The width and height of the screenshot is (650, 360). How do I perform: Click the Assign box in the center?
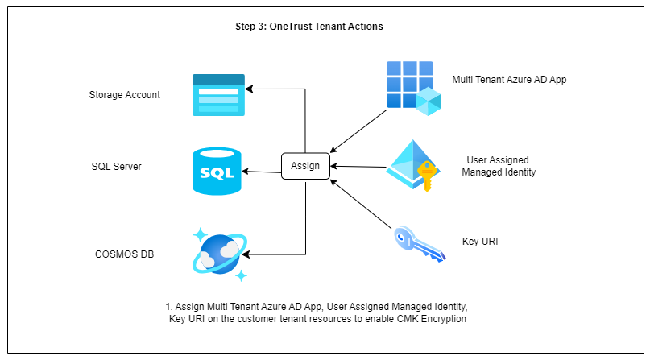(x=305, y=167)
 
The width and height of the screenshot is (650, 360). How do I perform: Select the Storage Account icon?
(x=218, y=94)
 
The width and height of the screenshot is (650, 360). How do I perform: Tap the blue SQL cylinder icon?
(x=217, y=171)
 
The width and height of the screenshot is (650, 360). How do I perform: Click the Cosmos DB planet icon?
(x=219, y=253)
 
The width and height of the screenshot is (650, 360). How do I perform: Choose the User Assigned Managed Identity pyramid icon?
(x=412, y=164)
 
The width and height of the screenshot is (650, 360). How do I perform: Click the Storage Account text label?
(x=124, y=95)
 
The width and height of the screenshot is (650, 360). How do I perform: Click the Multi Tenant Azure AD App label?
(x=510, y=80)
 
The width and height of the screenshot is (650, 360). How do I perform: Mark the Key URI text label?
(x=480, y=240)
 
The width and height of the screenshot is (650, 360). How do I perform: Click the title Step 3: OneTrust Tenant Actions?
(x=308, y=27)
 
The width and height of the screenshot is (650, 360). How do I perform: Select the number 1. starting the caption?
(x=169, y=307)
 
